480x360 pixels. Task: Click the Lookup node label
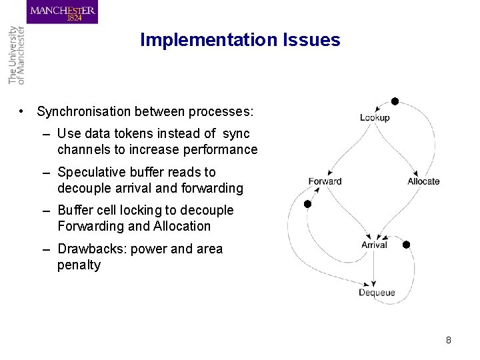(375, 118)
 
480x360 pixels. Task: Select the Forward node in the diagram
(325, 181)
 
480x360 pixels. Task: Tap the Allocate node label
(423, 181)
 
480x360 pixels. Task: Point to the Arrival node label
(374, 245)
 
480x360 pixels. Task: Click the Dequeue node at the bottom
(377, 293)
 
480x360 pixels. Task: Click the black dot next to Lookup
(395, 101)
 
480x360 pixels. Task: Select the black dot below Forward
(307, 204)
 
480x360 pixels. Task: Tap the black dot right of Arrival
(406, 245)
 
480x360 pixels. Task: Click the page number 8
(449, 340)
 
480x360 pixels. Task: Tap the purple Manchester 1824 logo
(63, 13)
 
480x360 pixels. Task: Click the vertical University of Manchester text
(16, 55)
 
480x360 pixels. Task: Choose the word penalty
(79, 265)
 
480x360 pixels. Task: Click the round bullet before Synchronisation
(23, 111)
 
